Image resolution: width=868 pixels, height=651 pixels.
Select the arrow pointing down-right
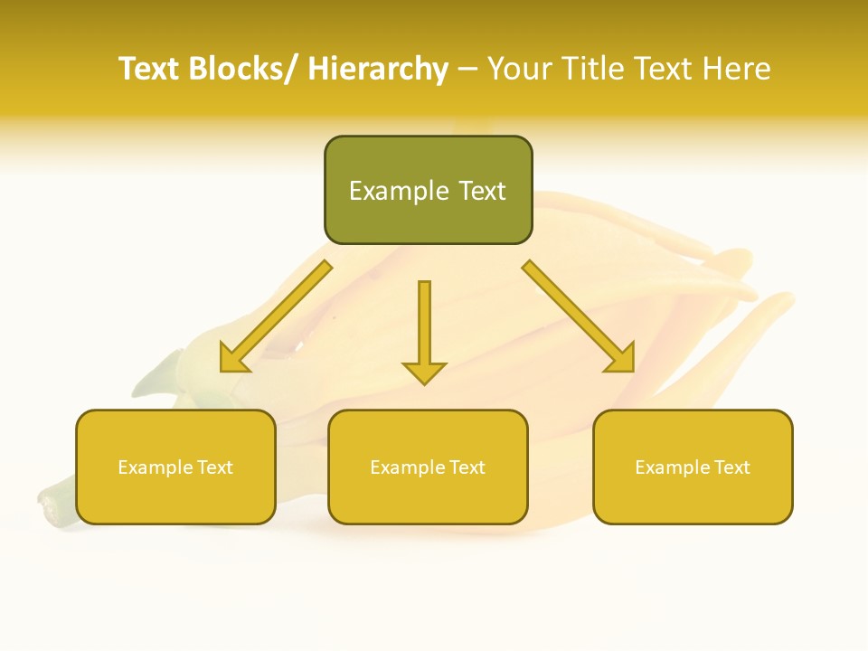(580, 317)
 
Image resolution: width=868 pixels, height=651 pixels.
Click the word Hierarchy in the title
(378, 69)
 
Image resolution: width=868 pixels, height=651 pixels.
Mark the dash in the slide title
(467, 70)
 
